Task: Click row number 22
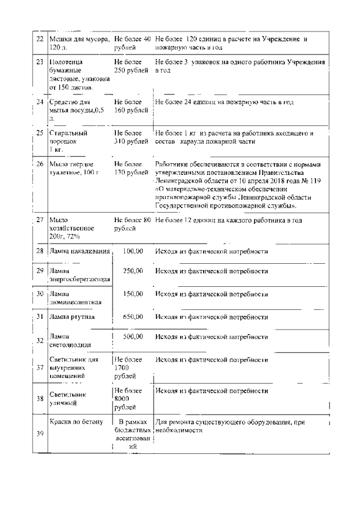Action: coord(39,40)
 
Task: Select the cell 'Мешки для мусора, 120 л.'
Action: coord(79,44)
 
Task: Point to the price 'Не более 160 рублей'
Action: coord(130,106)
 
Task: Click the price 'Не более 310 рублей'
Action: coord(130,138)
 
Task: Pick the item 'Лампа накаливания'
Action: coord(79,251)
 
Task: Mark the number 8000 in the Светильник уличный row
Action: coord(121,399)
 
